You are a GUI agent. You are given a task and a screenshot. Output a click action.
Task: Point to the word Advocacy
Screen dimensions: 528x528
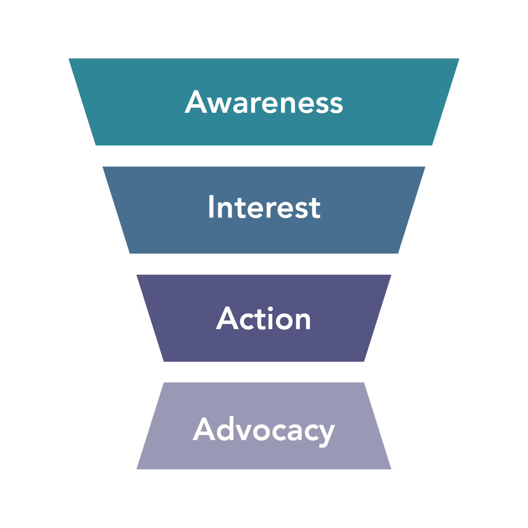coord(264,430)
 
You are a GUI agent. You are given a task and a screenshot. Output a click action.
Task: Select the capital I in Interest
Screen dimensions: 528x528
coord(211,207)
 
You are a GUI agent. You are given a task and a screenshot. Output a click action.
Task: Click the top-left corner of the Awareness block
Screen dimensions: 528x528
coord(69,59)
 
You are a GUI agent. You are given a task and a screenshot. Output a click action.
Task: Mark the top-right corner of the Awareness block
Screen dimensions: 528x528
coord(459,59)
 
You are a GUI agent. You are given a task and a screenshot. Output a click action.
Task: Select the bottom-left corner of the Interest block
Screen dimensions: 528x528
coord(130,253)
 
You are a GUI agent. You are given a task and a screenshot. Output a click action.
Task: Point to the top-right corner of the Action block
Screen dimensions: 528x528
coord(391,275)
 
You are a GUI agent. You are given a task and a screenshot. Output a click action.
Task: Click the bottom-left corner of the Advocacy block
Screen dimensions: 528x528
coord(137,469)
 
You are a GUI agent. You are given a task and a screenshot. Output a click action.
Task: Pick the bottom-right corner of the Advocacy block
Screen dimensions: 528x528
coord(391,469)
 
